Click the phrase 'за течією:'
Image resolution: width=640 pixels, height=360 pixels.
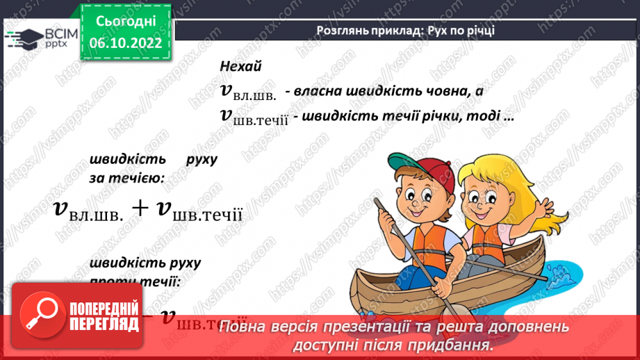126,178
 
